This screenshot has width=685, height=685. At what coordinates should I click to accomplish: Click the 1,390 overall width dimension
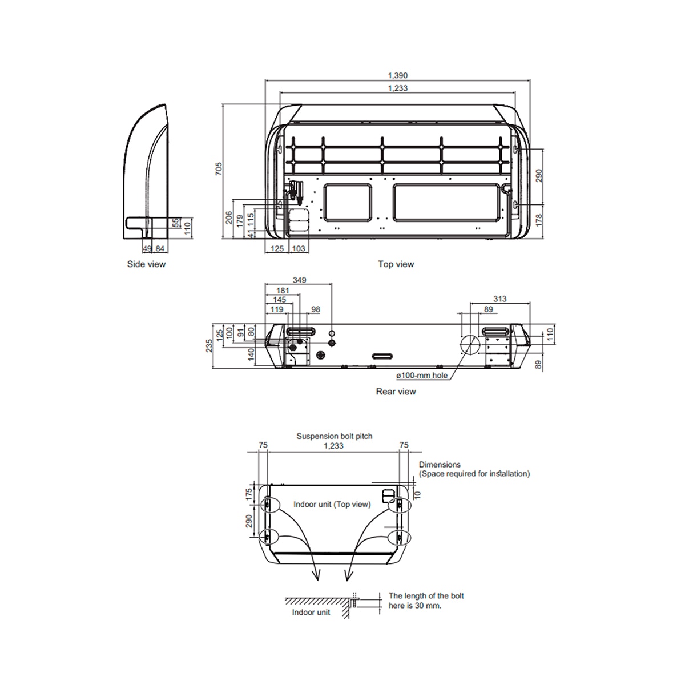[397, 75]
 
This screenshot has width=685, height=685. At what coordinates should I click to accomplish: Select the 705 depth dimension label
[219, 168]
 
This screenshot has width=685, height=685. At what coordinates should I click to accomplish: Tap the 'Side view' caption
[146, 264]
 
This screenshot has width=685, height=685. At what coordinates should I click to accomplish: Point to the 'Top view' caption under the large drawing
[396, 264]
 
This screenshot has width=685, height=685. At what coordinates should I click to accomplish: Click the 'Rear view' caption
[396, 392]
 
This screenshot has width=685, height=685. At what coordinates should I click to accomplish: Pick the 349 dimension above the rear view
[299, 280]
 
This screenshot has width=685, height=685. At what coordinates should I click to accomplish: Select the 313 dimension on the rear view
[499, 299]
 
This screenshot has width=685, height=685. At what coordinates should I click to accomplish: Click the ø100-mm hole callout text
[422, 376]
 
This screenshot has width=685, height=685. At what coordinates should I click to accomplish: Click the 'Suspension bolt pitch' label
[334, 436]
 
